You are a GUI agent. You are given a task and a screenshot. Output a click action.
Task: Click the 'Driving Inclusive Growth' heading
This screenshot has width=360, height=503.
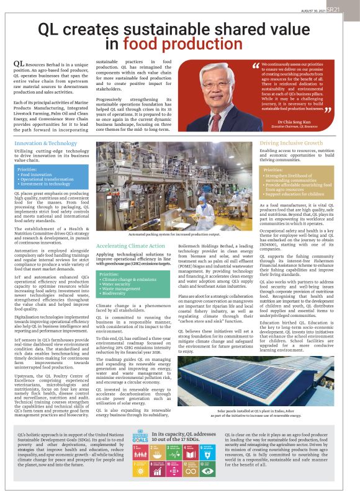pos(291,143)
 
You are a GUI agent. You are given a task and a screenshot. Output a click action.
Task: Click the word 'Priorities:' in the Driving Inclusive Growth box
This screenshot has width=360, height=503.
pos(274,169)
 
